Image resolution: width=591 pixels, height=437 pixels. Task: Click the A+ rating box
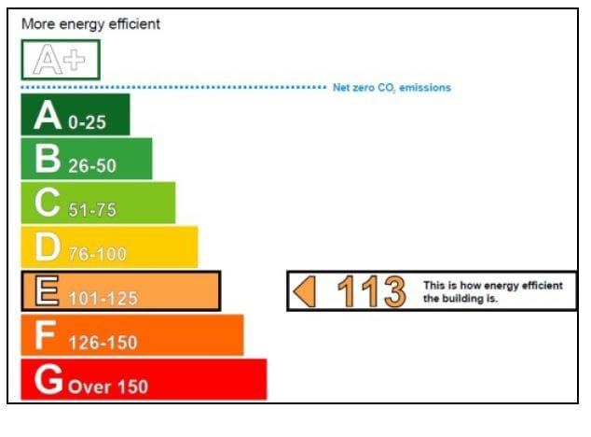[x=60, y=60]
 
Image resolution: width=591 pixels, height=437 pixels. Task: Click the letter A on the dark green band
[x=48, y=116]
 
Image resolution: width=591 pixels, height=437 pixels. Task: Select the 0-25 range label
[x=88, y=122]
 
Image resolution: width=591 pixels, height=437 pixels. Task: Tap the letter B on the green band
[x=48, y=160]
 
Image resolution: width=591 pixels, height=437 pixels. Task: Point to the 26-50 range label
[x=92, y=166]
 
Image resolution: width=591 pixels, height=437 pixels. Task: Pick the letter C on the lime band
[x=48, y=204]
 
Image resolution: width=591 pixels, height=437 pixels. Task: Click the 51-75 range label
[x=92, y=210]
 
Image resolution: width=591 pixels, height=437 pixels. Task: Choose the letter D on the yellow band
[x=48, y=247]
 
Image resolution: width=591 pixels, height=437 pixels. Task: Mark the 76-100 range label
[x=97, y=254]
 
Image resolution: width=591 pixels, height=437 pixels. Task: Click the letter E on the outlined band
[x=48, y=291]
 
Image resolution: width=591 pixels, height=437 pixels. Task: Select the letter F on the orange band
[x=46, y=335]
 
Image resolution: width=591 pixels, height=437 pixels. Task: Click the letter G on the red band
[x=48, y=379]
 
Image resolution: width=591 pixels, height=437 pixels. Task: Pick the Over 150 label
[x=107, y=387]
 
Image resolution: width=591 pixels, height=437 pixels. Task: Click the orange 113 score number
[x=371, y=292]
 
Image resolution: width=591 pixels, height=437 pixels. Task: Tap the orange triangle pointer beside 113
[x=305, y=292]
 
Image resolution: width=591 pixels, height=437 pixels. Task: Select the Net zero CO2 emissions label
[x=392, y=88]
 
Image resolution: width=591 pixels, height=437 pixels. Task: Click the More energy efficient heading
[x=90, y=24]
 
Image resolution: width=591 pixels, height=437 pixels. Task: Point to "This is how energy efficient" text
[x=493, y=286]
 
